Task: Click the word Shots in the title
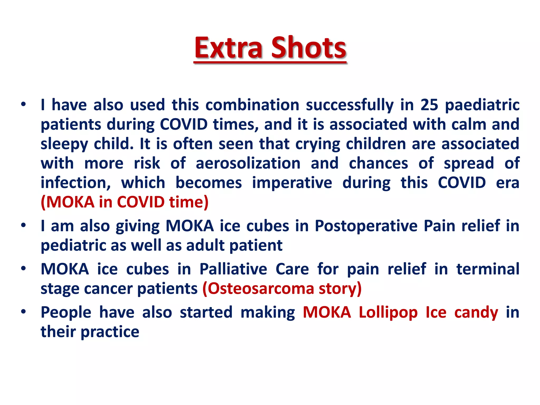click(x=308, y=48)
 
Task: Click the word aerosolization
click(x=248, y=163)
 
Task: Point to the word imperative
click(x=292, y=183)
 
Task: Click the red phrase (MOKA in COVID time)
click(x=124, y=202)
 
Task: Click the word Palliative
click(x=233, y=269)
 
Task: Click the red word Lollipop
click(x=388, y=313)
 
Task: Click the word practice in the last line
click(x=110, y=332)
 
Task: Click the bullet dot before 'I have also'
click(x=24, y=104)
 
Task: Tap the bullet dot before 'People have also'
click(x=24, y=312)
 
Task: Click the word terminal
click(x=488, y=269)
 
